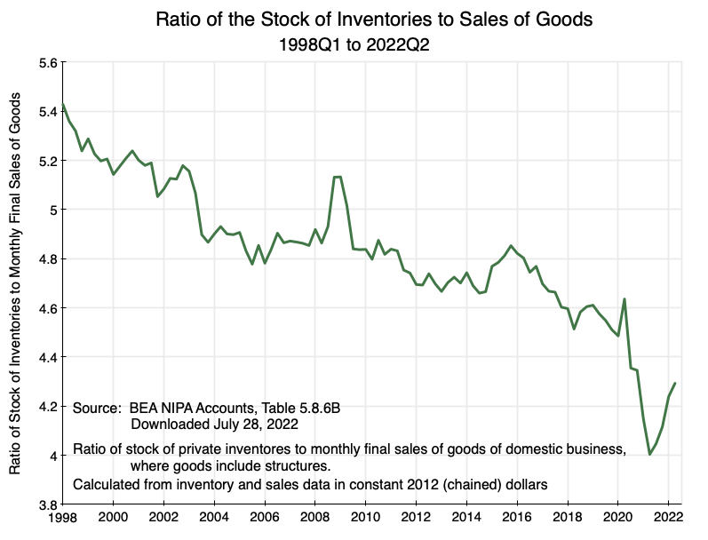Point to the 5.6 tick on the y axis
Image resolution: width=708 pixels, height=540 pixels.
tap(45, 63)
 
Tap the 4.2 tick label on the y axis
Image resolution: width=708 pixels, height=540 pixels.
tap(45, 407)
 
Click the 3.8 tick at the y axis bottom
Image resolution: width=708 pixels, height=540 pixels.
tap(45, 504)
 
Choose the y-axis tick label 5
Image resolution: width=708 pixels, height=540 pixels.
tap(52, 210)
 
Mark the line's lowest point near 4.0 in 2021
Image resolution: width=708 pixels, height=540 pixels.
tap(650, 455)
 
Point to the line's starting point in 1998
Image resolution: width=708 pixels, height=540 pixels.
tap(63, 105)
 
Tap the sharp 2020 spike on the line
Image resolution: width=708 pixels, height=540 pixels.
tap(624, 299)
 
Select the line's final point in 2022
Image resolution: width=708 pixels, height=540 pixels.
tap(675, 384)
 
